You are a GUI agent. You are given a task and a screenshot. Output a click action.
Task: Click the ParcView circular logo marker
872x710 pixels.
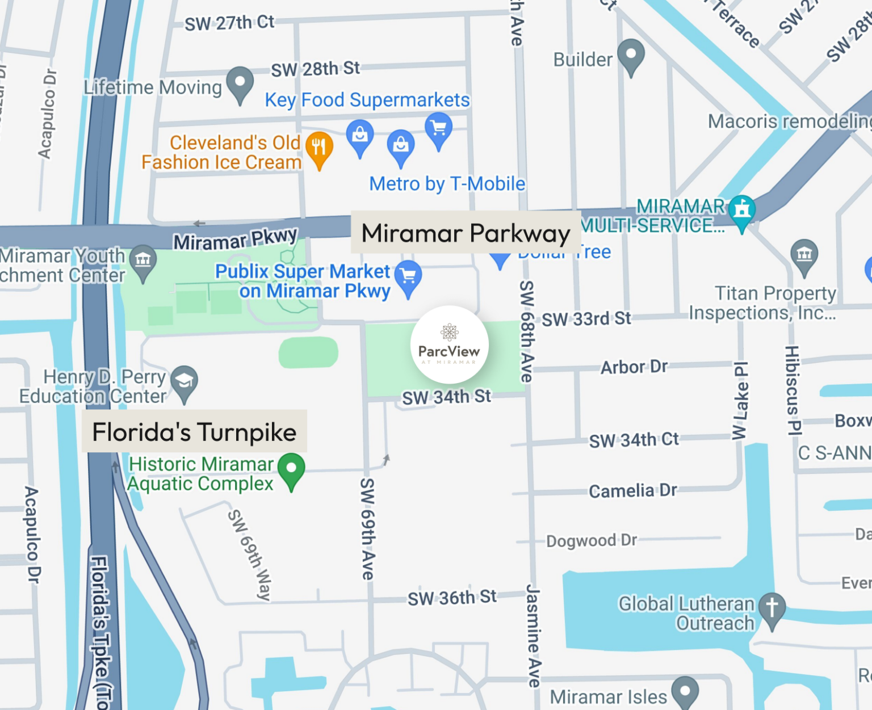[449, 345]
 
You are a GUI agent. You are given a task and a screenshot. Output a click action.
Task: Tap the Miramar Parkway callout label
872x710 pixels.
[466, 233]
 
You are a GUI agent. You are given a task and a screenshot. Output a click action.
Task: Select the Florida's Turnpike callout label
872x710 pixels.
[194, 432]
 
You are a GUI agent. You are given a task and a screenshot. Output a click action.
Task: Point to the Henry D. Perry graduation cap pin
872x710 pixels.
[184, 381]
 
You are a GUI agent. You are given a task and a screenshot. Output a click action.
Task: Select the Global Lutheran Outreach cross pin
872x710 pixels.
[772, 608]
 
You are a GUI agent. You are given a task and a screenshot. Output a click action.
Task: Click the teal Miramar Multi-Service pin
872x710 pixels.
[741, 211]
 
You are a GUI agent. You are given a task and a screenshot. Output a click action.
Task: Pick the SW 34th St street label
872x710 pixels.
[446, 397]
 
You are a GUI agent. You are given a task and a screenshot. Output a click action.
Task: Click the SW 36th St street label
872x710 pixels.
[452, 598]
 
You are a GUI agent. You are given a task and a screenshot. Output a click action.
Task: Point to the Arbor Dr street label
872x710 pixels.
[634, 367]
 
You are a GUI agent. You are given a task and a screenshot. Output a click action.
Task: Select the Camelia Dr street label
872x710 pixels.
[633, 490]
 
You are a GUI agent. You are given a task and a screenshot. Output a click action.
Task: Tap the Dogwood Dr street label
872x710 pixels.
[592, 540]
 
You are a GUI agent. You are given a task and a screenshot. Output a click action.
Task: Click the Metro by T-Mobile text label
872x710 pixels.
[447, 184]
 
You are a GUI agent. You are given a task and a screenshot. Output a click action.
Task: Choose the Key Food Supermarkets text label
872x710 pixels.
[367, 100]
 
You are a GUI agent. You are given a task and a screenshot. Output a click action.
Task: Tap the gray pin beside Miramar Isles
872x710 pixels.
[685, 691]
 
